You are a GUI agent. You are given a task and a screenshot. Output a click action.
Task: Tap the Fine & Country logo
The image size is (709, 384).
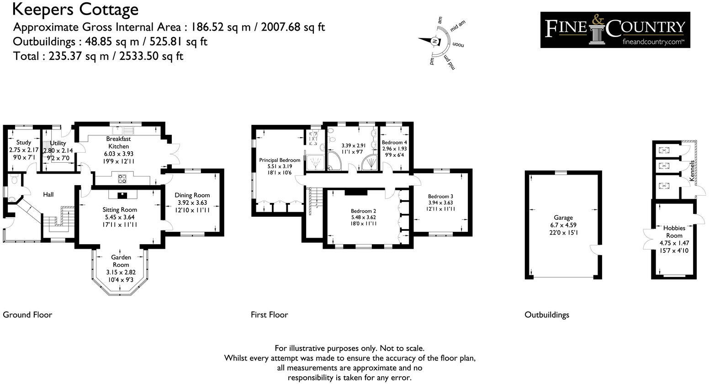coord(615,30)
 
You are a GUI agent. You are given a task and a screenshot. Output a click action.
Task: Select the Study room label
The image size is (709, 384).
coord(24,143)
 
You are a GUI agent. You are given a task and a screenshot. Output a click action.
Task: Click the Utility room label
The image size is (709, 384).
coord(58,143)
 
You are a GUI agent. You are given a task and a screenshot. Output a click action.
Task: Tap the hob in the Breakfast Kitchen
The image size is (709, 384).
coord(122,178)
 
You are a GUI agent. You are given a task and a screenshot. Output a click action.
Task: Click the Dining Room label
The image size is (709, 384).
coord(192,195)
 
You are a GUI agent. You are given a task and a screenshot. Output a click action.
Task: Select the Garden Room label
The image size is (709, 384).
coord(121,261)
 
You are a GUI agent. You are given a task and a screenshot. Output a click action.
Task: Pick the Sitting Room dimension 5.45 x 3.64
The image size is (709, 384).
coord(119,217)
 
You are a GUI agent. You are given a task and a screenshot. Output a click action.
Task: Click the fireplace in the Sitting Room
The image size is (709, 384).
coord(122,196)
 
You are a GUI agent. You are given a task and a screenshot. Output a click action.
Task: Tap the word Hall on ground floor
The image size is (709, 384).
coord(48,195)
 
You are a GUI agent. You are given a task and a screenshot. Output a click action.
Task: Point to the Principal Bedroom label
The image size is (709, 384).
coord(280,160)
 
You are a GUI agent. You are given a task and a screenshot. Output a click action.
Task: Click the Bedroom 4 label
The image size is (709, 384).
coord(394,143)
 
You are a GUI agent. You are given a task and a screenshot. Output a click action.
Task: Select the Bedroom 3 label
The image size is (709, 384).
coord(440,196)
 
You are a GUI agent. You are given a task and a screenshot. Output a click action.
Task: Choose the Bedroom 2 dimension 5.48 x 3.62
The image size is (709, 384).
coord(363,218)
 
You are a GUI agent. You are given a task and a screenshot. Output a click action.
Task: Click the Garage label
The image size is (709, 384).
coord(563,218)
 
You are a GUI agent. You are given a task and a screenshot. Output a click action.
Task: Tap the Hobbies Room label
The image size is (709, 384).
coord(674,232)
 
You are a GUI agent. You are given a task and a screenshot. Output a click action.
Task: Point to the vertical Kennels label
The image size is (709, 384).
coord(692,171)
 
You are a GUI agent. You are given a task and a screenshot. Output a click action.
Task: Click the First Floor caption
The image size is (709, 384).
coord(269,315)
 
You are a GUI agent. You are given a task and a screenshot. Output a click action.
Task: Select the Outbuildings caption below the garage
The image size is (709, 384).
coord(546,315)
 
